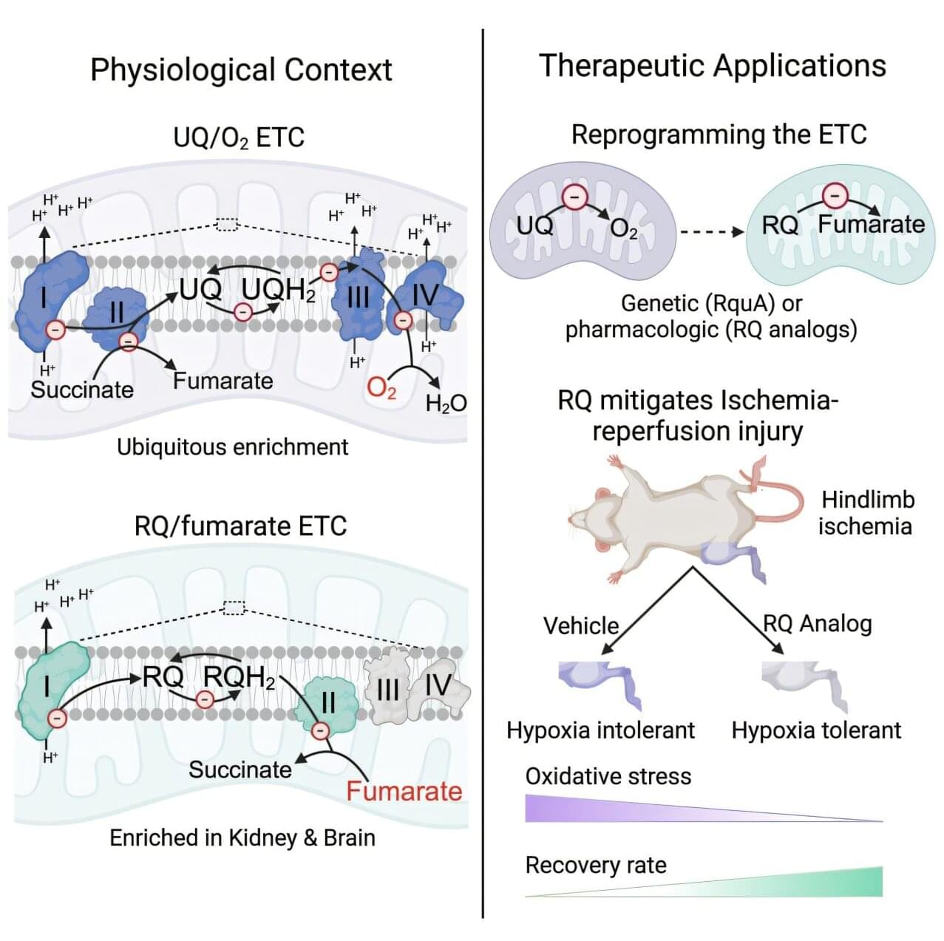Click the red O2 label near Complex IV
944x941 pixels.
[x=381, y=387]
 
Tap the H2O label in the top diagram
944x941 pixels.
[x=446, y=403]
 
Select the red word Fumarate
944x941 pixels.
[x=404, y=791]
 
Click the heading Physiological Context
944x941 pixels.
[x=241, y=69]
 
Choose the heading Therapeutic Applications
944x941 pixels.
[x=713, y=65]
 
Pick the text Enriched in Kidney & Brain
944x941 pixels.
[x=242, y=838]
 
